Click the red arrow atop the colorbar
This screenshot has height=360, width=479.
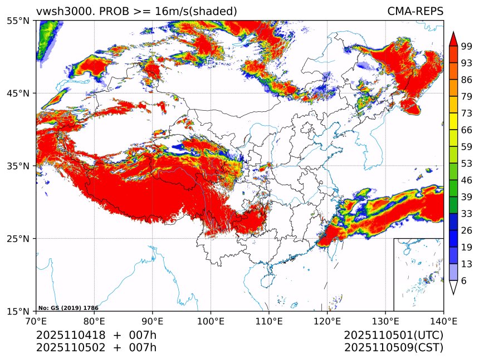pyautogui.click(x=453, y=39)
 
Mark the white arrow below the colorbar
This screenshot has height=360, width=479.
pyautogui.click(x=453, y=287)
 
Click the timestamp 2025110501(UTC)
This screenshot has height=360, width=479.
pyautogui.click(x=393, y=335)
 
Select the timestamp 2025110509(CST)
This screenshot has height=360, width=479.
pyautogui.click(x=393, y=348)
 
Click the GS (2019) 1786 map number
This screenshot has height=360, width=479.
pyautogui.click(x=68, y=308)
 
